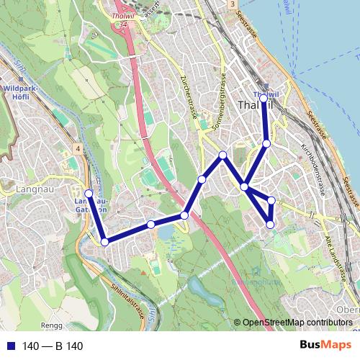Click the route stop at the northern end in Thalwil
tap(264, 97)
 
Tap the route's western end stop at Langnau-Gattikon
tap(89, 193)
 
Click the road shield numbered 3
tap(233, 4)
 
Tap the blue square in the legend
tap(10, 346)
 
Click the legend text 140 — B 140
tap(53, 346)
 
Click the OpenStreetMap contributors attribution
tap(297, 323)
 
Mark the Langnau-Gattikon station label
tap(91, 205)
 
